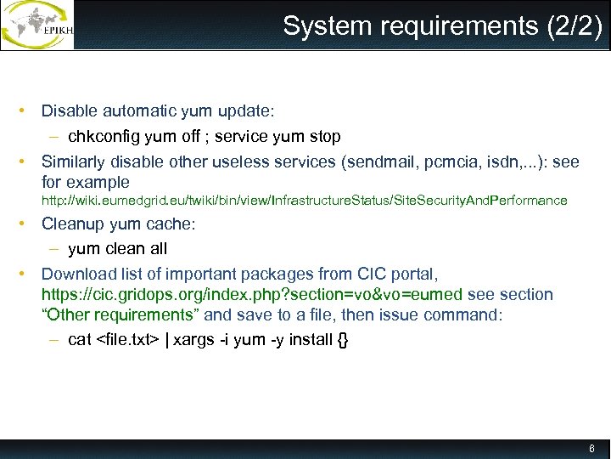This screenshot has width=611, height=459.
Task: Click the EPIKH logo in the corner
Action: pyautogui.click(x=38, y=25)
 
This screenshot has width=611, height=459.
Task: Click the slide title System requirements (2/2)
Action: pyautogui.click(x=442, y=26)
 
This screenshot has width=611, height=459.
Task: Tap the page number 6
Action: pyautogui.click(x=591, y=448)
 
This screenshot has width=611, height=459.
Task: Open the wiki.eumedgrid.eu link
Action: pyautogui.click(x=305, y=201)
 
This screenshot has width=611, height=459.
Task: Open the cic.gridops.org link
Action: pyautogui.click(x=252, y=295)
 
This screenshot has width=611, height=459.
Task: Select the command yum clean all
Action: pyautogui.click(x=117, y=249)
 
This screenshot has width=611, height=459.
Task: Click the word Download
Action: pyautogui.click(x=76, y=274)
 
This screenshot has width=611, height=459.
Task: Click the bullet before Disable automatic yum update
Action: pyautogui.click(x=28, y=111)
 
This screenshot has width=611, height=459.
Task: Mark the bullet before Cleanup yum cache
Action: pyautogui.click(x=28, y=225)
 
